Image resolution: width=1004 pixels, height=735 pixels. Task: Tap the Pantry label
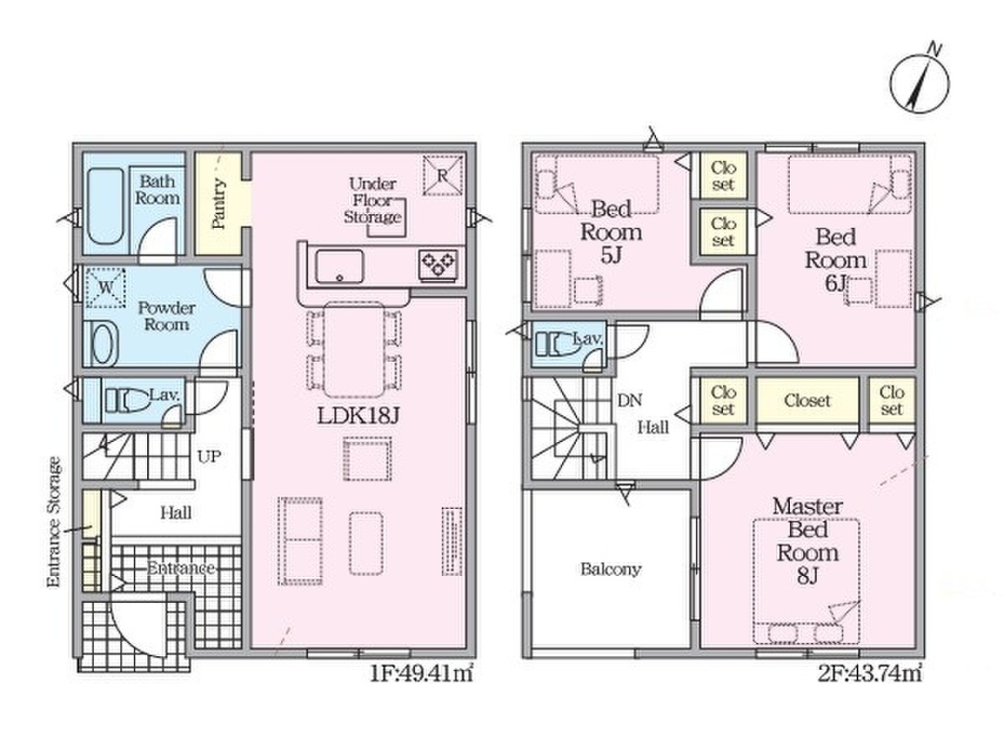tap(219, 204)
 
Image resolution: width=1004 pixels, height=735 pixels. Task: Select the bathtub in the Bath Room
tap(105, 206)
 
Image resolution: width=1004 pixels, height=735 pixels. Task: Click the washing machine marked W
tap(107, 288)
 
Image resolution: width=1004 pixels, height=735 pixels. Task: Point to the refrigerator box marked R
tap(443, 175)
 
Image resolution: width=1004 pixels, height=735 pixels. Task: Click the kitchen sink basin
tap(339, 266)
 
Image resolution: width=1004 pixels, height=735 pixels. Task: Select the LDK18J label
tap(358, 417)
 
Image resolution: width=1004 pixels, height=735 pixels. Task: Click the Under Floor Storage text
tap(373, 200)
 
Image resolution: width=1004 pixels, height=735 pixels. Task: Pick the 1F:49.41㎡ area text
tap(422, 674)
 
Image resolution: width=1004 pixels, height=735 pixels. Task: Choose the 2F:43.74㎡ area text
tap(870, 674)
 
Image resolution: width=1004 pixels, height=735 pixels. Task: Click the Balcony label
tap(610, 570)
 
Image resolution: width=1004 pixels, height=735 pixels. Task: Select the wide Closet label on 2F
tap(807, 401)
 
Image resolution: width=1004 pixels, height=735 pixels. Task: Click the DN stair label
tap(629, 401)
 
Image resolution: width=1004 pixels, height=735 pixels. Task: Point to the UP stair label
tap(209, 458)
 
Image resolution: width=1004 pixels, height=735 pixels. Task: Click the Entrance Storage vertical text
tap(54, 522)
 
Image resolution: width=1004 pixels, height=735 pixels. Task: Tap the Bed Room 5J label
tap(611, 232)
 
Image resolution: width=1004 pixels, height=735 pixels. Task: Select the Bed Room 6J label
tap(836, 260)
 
